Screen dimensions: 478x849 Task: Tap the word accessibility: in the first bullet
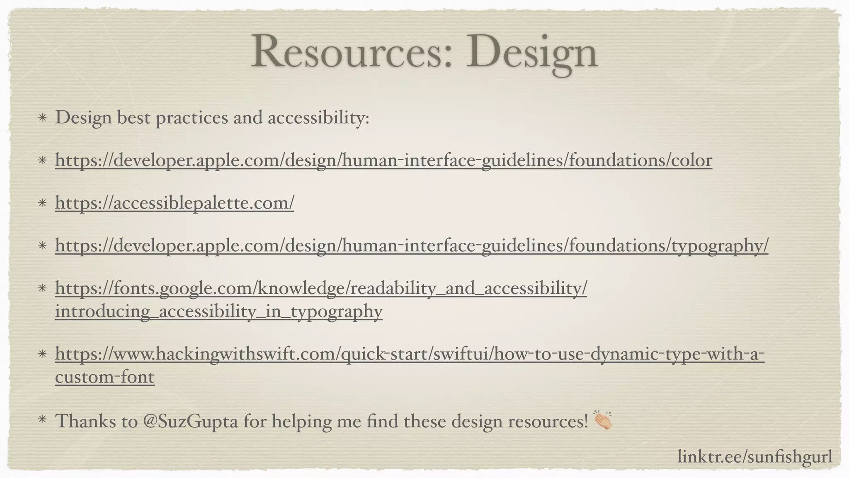(318, 118)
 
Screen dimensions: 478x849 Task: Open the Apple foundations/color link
(383, 161)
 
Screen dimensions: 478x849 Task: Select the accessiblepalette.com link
(175, 203)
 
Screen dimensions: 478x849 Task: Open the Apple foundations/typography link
(412, 246)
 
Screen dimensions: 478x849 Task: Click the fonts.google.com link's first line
(321, 288)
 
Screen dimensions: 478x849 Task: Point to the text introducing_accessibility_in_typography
(218, 311)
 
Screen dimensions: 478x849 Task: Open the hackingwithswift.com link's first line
(410, 354)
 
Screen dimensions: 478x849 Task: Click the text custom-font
(104, 377)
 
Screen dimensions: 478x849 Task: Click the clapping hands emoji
(603, 420)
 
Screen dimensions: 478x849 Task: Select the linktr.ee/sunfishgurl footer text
(754, 457)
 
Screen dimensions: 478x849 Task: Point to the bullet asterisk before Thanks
(42, 420)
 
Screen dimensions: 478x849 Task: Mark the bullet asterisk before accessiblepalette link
(42, 203)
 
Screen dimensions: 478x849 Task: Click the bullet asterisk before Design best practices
(42, 118)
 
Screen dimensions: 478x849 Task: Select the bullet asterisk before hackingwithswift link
(42, 354)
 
